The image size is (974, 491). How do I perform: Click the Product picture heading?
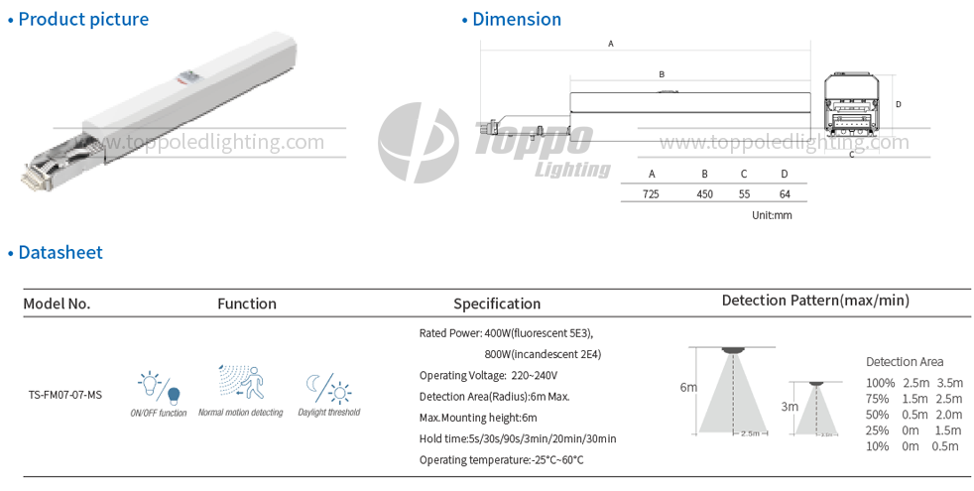tap(83, 19)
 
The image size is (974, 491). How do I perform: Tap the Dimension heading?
tap(516, 19)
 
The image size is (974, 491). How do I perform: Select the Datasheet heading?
tap(60, 252)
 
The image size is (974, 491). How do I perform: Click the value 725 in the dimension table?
tap(651, 194)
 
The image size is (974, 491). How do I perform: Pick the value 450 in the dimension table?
tap(704, 194)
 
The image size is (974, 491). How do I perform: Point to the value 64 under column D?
tap(785, 194)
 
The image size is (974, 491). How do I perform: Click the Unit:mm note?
tap(772, 215)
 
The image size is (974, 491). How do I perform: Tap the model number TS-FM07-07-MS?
tap(64, 395)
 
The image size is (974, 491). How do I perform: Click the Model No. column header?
tap(57, 304)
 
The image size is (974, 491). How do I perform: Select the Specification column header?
tap(497, 304)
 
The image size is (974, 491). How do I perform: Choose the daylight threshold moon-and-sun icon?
tap(328, 387)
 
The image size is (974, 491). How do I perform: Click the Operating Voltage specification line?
tap(488, 375)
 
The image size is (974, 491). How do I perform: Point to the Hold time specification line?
tap(518, 438)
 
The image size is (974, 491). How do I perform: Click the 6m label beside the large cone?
tap(688, 387)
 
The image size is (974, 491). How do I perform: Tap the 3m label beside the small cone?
tap(790, 406)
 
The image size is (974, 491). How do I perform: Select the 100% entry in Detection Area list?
tap(880, 382)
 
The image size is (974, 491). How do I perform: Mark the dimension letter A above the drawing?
tap(611, 44)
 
